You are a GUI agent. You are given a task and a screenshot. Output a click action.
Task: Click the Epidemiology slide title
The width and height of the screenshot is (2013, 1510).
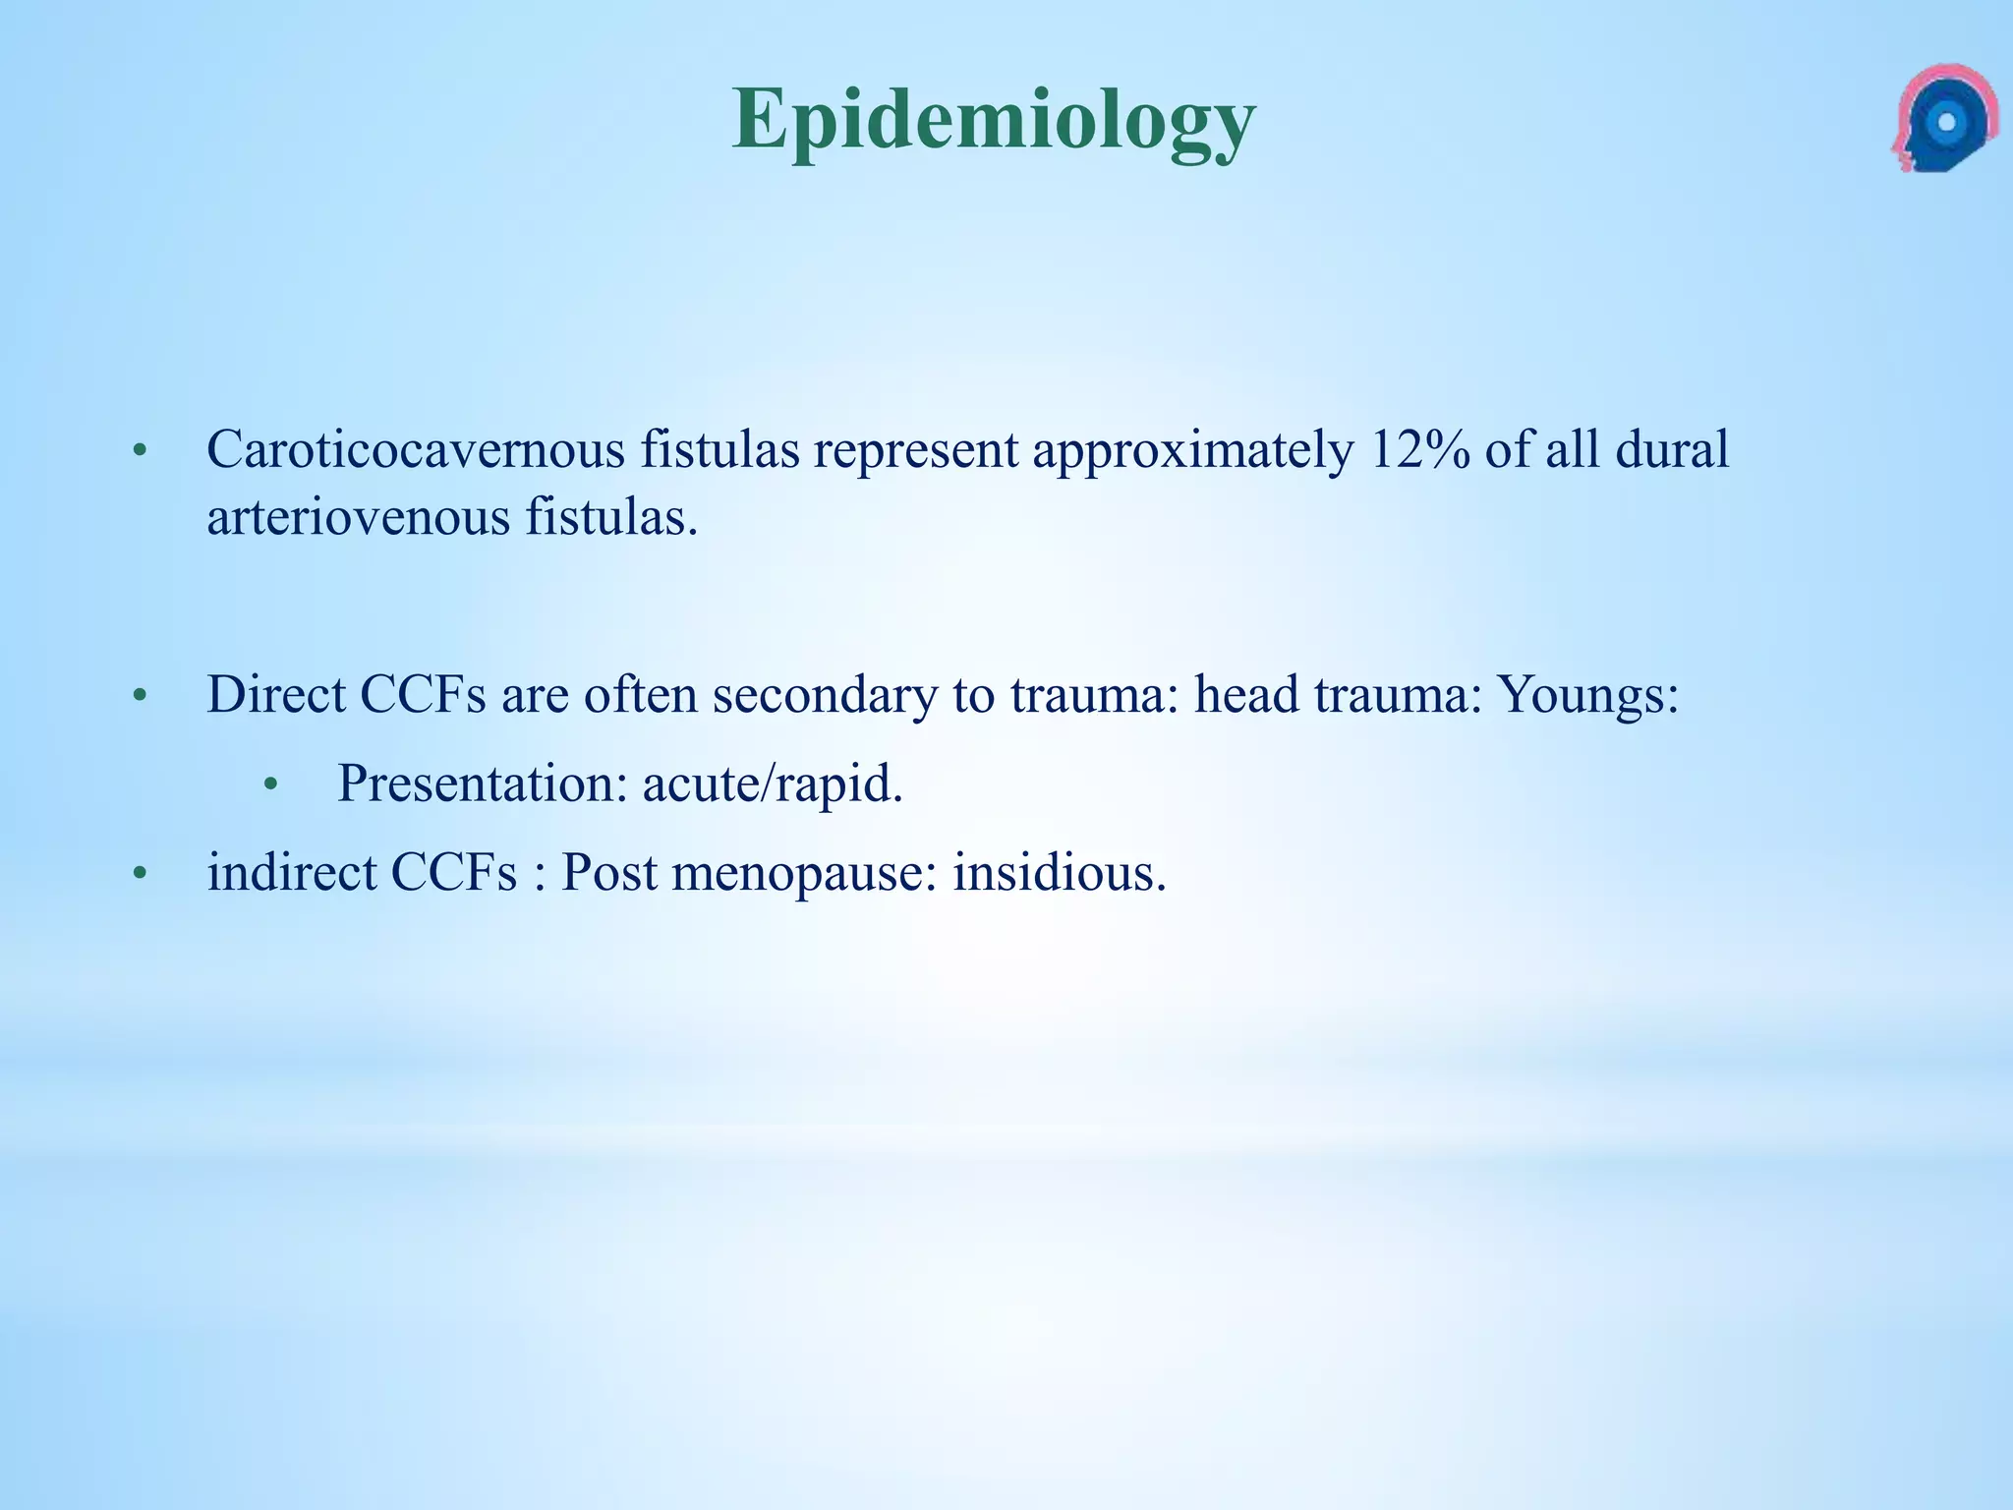[x=994, y=120]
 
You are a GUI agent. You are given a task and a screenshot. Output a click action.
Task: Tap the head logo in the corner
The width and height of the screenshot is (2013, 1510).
[x=1942, y=120]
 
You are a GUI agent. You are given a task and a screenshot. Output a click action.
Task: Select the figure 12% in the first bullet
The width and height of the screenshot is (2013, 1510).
[x=1415, y=450]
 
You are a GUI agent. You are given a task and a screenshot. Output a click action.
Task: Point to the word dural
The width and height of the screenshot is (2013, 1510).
[x=1672, y=450]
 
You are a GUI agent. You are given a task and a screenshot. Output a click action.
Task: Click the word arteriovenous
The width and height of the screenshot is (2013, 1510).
[x=358, y=517]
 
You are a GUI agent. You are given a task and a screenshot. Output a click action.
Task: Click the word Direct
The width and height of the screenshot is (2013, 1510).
[x=276, y=695]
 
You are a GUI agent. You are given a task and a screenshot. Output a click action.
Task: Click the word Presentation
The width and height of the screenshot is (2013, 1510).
[x=483, y=784]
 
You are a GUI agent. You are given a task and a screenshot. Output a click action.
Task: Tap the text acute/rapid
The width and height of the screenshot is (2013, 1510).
[x=773, y=784]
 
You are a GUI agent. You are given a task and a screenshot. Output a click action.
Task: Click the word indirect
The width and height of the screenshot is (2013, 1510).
[x=291, y=872]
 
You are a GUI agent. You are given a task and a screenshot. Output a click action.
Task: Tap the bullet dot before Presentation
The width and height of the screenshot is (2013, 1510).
[x=272, y=785]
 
